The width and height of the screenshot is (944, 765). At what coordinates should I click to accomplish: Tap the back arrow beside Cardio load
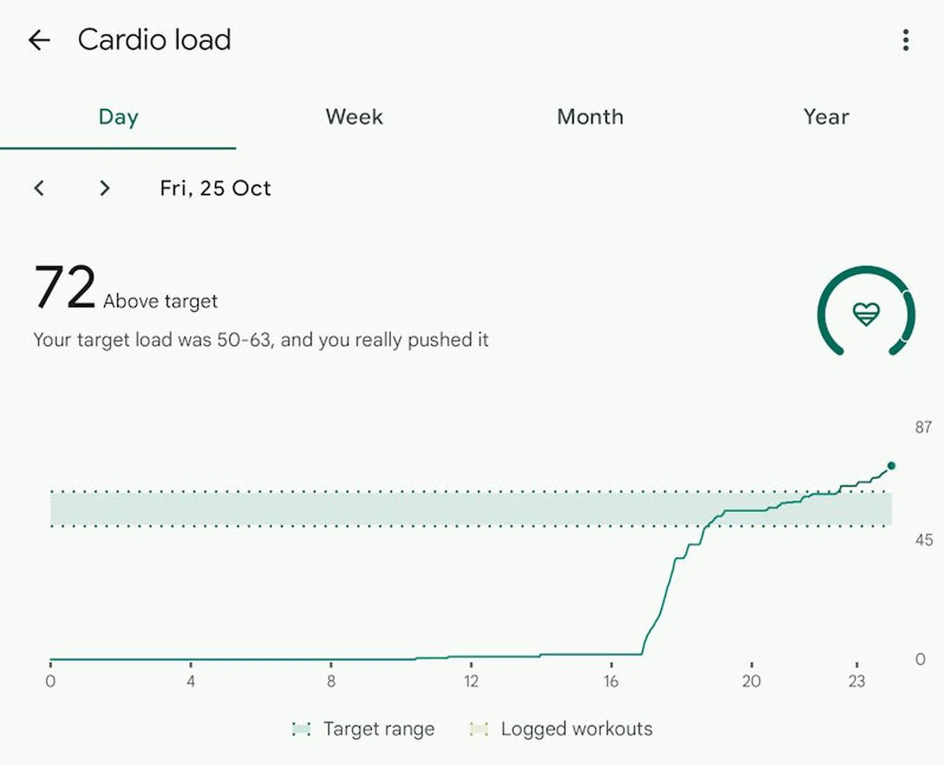point(39,40)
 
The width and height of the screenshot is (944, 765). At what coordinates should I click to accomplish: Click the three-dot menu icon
point(906,40)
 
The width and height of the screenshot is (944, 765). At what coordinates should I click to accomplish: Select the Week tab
point(354,117)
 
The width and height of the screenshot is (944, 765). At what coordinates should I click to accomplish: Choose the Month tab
point(590,117)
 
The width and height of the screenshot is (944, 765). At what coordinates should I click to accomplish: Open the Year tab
point(826,117)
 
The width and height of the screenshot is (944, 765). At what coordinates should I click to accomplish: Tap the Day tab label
point(118,117)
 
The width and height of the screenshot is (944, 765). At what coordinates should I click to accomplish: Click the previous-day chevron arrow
point(39,188)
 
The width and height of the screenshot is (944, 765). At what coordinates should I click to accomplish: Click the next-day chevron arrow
point(104,188)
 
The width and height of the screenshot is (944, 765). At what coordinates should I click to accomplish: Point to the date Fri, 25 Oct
point(215,188)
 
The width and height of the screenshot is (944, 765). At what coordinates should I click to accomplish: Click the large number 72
point(64,286)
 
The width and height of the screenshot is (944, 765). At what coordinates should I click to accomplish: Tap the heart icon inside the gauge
point(866,313)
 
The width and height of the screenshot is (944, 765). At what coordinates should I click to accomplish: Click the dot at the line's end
point(891,465)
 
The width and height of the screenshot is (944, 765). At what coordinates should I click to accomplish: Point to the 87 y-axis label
point(923,427)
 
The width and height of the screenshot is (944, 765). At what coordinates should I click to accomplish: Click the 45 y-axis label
point(924,540)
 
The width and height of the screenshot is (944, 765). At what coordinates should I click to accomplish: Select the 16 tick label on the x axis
point(611,681)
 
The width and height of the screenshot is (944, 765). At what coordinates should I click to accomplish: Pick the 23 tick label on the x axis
point(856,681)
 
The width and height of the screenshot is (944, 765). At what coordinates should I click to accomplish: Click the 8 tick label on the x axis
point(331,681)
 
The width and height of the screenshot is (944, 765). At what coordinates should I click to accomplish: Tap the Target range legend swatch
point(301,729)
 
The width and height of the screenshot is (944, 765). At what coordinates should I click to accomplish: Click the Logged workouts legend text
point(576,729)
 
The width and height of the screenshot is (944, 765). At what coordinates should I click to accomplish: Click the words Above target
point(160,301)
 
